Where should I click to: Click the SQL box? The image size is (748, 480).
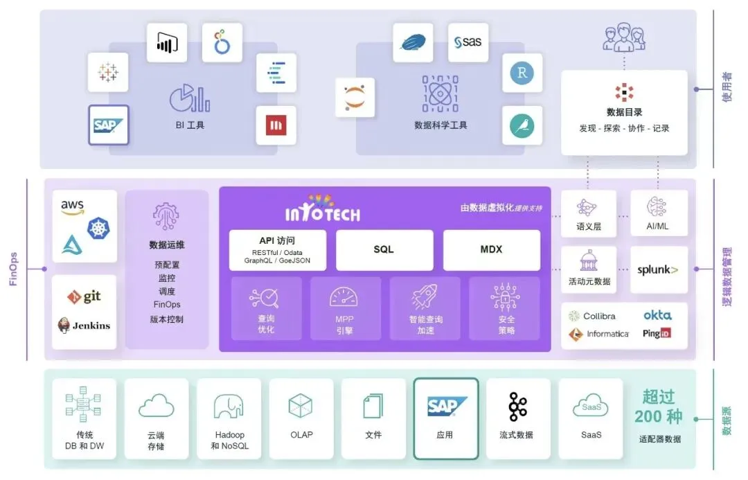(x=384, y=249)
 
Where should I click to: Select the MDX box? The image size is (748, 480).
(x=491, y=249)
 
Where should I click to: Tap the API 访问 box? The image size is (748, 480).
(x=277, y=250)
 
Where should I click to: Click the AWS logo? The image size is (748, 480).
(x=73, y=207)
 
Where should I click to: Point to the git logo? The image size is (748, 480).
(x=84, y=297)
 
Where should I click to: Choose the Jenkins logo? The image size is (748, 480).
(x=84, y=325)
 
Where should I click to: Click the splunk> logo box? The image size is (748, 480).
(x=659, y=269)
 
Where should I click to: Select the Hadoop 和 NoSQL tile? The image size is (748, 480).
(x=229, y=418)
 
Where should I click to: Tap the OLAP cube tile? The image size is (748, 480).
(x=301, y=418)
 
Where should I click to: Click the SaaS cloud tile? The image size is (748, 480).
(x=591, y=418)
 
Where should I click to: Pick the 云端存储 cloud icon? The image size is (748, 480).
(x=156, y=407)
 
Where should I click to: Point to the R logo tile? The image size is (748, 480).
(x=522, y=73)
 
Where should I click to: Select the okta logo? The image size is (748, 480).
(x=657, y=315)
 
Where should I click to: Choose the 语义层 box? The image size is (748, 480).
(x=588, y=213)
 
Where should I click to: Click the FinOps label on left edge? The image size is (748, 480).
(x=13, y=269)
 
